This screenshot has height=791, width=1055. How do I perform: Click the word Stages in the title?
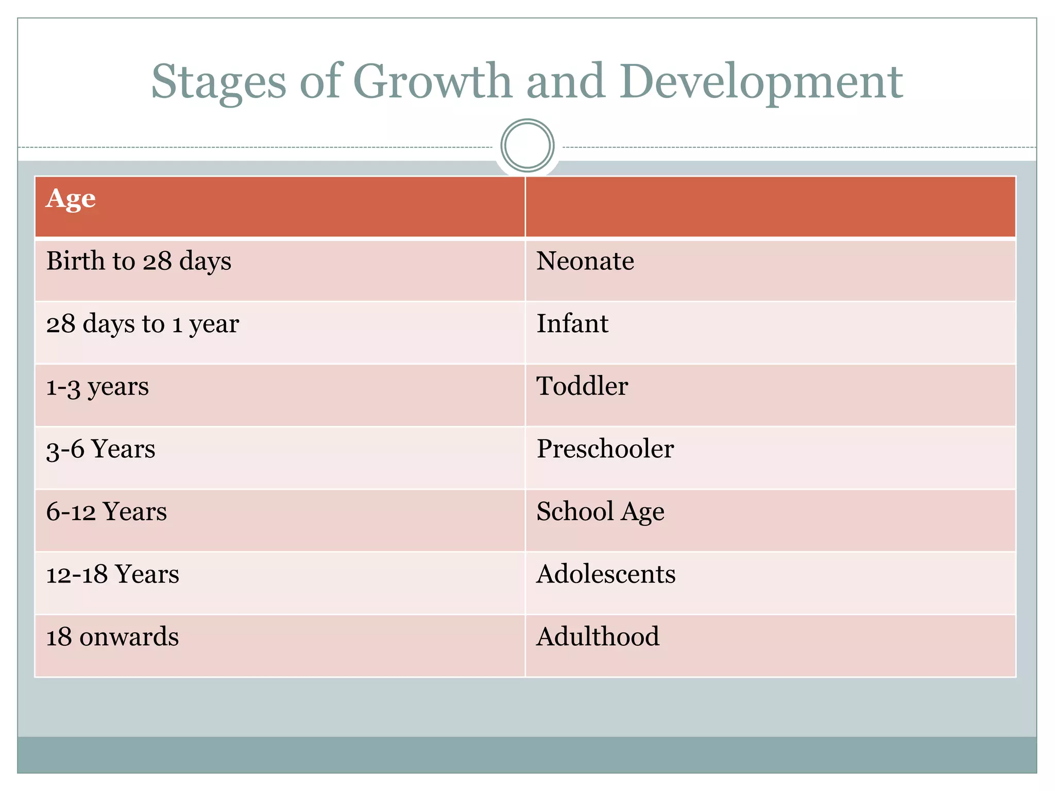coord(218,82)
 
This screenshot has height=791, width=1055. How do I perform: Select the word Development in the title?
coord(761,82)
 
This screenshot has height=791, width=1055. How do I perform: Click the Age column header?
coord(71,199)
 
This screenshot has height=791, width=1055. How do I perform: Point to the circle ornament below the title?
coord(527,146)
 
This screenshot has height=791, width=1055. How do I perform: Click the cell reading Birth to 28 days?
coord(139,261)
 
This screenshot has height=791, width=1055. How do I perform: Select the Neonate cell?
coord(585,261)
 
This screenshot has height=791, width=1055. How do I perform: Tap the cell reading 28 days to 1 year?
coord(143,324)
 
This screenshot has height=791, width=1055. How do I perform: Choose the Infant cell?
coord(572,324)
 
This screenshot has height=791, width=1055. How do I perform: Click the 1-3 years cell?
coord(97,387)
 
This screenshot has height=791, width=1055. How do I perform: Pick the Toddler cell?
coord(582,386)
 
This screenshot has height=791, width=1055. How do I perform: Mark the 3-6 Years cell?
coord(101,449)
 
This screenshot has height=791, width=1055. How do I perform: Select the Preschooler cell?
coord(605,449)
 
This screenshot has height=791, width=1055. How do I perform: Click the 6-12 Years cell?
coord(107,512)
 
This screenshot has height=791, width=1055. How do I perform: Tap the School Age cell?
coord(600,512)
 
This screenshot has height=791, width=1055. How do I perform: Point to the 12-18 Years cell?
coord(113,574)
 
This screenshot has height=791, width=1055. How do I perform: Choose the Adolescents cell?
coord(606,574)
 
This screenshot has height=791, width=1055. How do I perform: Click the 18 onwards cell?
coord(113,637)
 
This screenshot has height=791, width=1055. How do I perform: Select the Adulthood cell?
coord(598,637)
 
